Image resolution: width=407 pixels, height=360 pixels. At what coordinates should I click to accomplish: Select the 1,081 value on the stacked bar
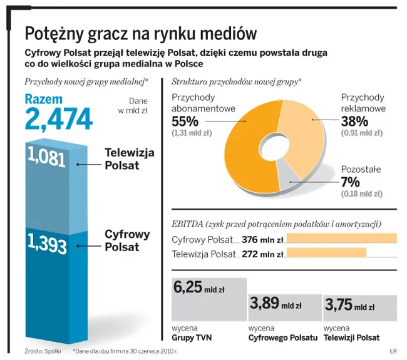pos(47,158)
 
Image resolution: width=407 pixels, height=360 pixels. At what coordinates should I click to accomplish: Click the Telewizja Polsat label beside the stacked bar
pos(130,158)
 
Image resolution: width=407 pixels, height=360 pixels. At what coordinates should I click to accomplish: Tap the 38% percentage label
pos(354,120)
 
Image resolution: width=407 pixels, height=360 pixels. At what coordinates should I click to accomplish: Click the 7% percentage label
pos(351,182)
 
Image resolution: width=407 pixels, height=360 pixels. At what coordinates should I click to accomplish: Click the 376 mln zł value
pos(263,239)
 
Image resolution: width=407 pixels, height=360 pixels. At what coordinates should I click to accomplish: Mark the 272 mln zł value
pos(263,254)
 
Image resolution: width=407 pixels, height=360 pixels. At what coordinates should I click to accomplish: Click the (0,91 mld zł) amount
pos(361,133)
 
